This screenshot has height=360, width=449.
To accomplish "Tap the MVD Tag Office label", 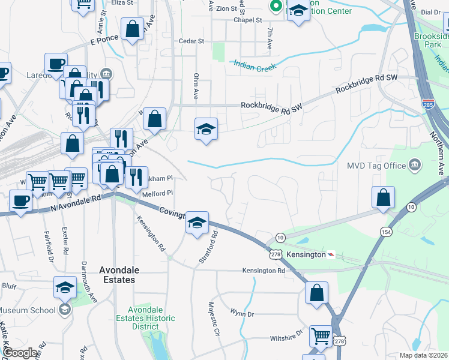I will (x=376, y=165).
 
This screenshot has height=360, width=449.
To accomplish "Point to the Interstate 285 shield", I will (x=428, y=104).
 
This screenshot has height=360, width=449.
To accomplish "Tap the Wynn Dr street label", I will (x=242, y=313).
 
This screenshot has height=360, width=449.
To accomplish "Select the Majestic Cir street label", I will (x=212, y=319).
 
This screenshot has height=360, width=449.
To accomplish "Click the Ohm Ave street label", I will (x=196, y=86).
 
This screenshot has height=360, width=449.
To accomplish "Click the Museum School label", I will (x=28, y=310).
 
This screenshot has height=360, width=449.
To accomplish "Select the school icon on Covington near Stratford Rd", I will (x=197, y=223).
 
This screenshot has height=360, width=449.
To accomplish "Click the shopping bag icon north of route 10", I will (x=383, y=197).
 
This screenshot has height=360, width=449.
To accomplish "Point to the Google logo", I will (x=20, y=353).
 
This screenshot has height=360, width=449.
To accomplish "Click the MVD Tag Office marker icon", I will (x=414, y=164).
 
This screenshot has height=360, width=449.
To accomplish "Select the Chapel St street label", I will (x=248, y=20).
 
